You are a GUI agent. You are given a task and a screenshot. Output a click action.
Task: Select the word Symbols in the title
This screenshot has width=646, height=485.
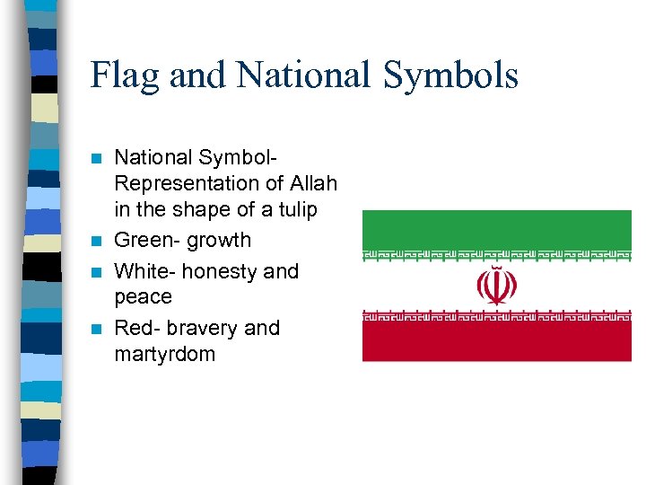[x=454, y=75]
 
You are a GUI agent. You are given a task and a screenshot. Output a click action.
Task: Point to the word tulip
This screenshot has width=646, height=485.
[x=296, y=209]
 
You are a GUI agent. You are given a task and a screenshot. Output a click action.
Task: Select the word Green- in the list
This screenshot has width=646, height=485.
[x=149, y=240]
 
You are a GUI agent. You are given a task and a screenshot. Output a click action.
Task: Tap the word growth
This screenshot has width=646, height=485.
[x=221, y=240]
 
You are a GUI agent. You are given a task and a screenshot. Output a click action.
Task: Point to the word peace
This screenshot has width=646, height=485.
[x=143, y=296]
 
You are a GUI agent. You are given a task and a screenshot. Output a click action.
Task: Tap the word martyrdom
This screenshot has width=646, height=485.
[x=165, y=354]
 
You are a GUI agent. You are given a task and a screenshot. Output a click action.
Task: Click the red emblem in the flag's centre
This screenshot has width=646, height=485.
[x=496, y=286]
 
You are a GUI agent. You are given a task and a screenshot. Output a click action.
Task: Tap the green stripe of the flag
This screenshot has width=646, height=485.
[x=496, y=228]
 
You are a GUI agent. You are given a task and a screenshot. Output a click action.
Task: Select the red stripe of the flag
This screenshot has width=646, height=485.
[x=496, y=341]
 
